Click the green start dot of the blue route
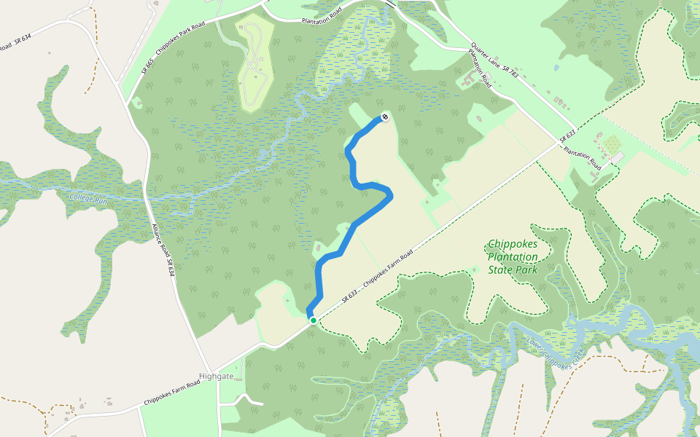pos(313,320)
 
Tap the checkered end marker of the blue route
pos(384,117)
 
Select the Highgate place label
pos(216,376)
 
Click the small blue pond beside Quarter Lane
pos(556,68)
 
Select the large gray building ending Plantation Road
pos(618,158)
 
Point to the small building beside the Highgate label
pos(239,380)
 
